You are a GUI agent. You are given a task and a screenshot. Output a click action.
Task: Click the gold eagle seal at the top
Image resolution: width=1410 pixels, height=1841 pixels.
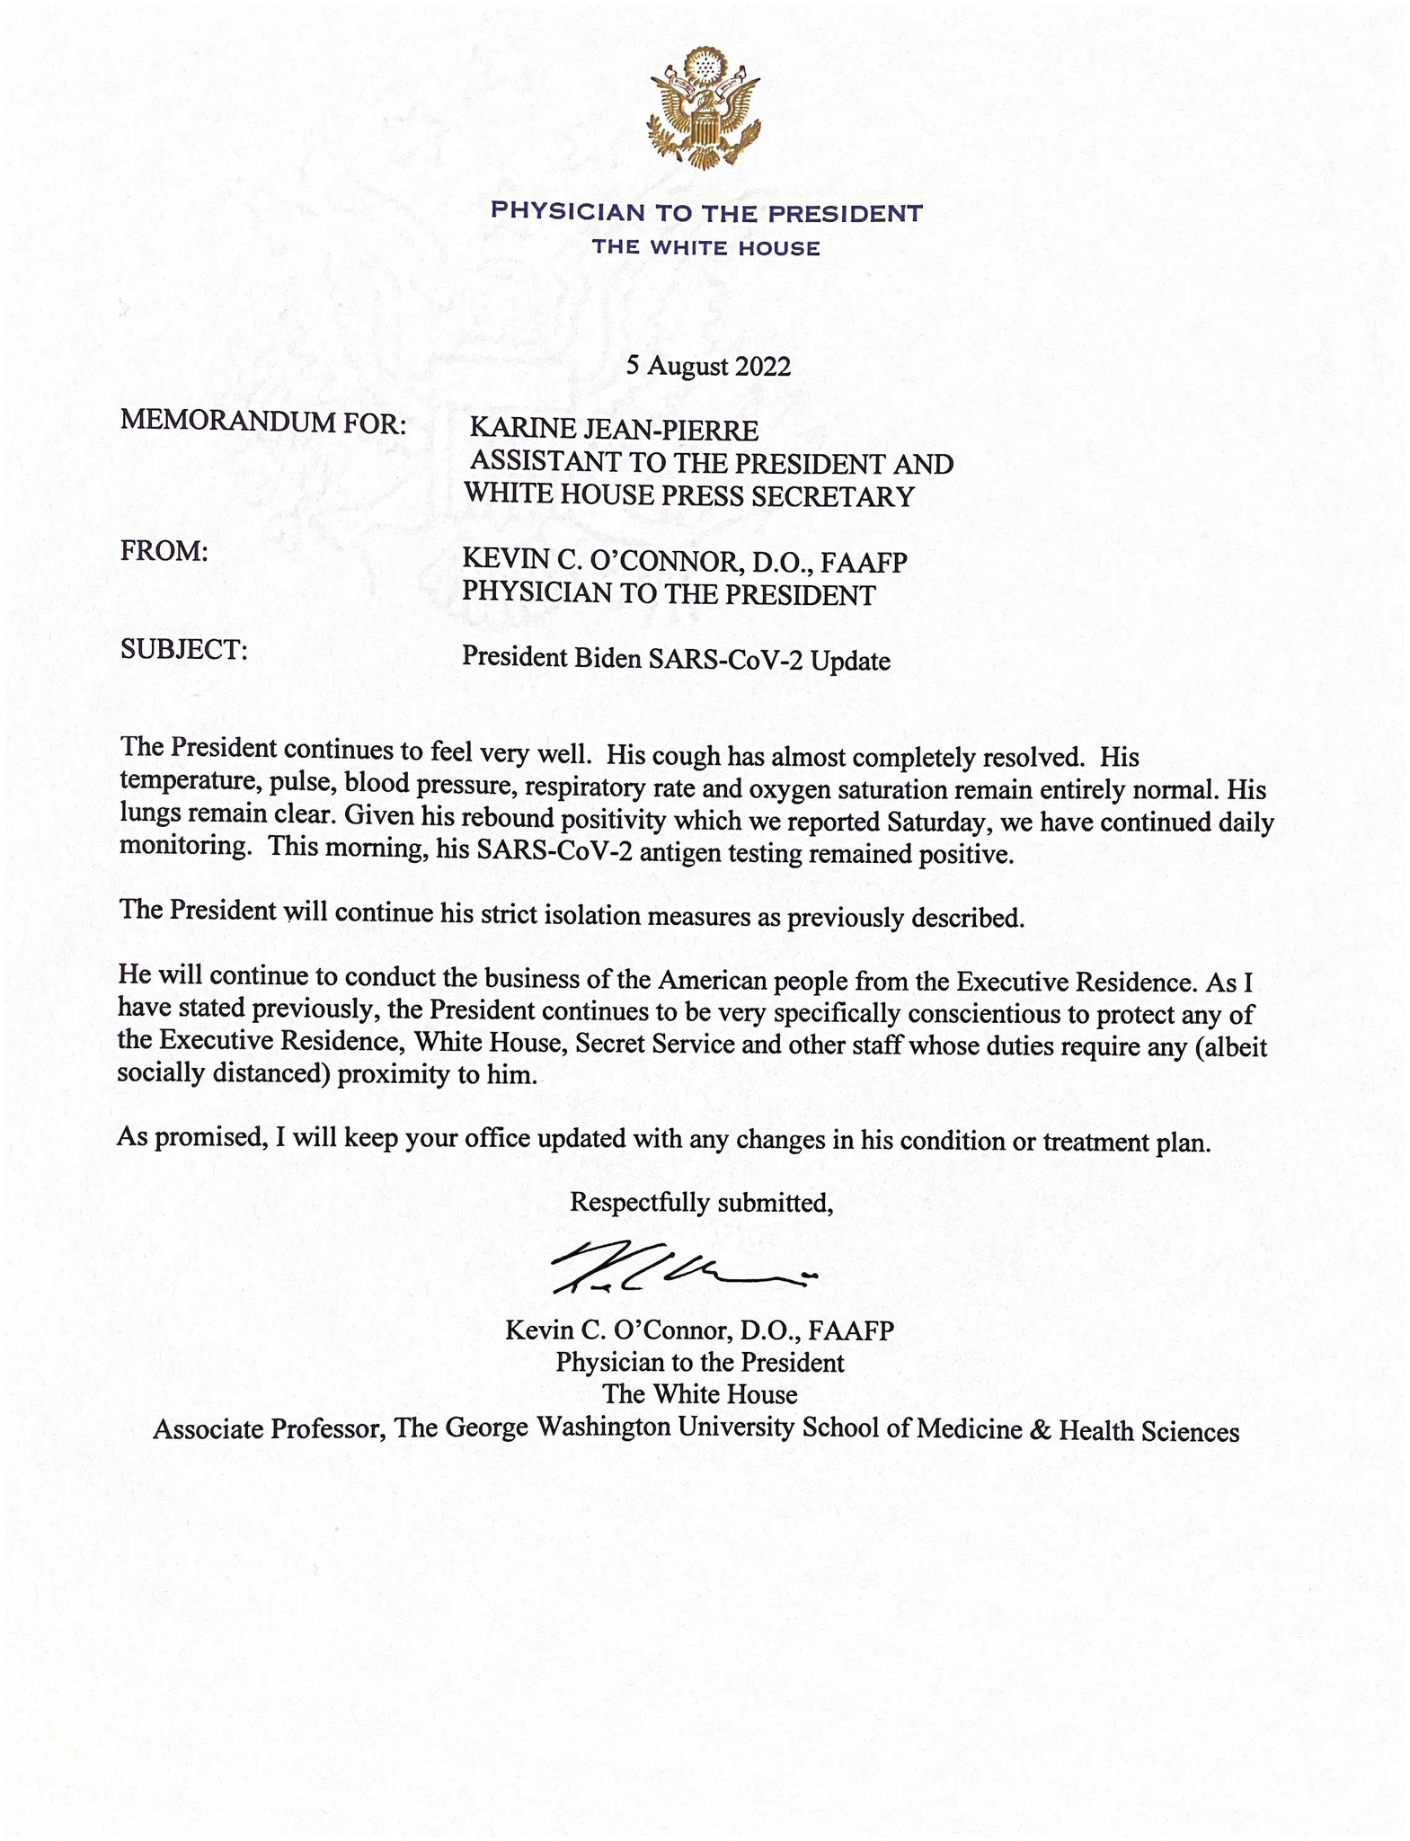pos(705,110)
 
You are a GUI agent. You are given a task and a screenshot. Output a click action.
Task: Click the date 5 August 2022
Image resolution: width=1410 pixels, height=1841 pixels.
pos(708,366)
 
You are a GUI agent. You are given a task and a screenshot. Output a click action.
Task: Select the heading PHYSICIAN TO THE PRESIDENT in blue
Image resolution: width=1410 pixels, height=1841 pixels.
pos(705,213)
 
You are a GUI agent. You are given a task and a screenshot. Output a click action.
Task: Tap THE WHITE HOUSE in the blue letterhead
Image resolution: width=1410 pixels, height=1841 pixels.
pos(705,248)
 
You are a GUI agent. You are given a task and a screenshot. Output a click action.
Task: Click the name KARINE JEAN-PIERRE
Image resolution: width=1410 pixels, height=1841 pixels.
pos(614,431)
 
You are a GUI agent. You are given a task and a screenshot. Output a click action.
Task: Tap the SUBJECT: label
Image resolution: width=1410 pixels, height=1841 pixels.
pos(183,649)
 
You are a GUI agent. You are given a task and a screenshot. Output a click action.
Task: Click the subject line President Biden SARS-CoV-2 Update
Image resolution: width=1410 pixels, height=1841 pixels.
pos(676,661)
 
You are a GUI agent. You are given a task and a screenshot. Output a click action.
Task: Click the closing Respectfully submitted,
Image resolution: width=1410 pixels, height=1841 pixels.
pos(702,1202)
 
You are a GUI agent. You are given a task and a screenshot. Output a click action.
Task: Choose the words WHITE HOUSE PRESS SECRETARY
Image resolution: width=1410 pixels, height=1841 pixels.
pos(688,496)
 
